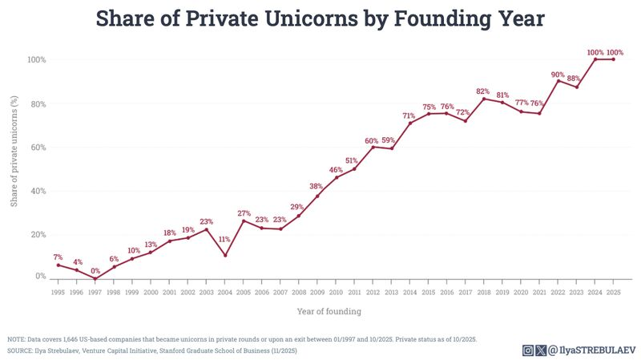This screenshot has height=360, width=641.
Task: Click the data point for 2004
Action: coord(226,255)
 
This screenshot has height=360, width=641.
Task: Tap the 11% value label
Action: coord(225,239)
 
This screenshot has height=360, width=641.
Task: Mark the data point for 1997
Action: coord(95,279)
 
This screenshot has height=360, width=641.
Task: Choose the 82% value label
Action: coord(483,91)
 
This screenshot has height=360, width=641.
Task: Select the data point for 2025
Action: coord(613,59)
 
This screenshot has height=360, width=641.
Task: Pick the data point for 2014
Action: coord(410,123)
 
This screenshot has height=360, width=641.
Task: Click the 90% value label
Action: coord(558,75)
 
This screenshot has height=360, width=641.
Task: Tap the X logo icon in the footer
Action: coord(541,350)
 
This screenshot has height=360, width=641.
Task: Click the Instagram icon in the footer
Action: coord(528,350)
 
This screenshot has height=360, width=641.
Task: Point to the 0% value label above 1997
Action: coord(95,271)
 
